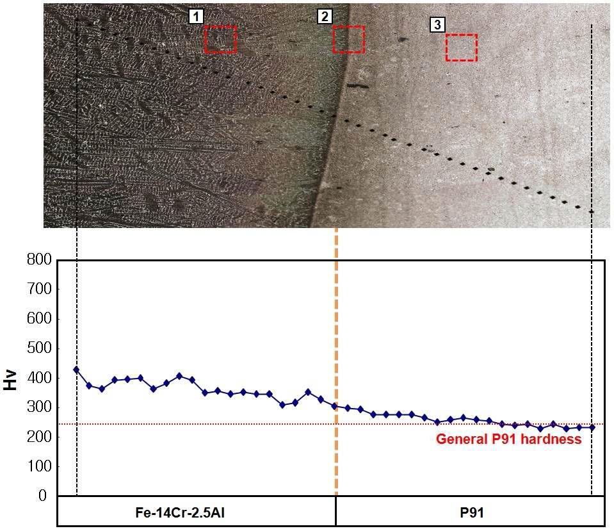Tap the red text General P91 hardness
508,439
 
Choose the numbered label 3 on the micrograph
437,25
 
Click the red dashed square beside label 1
220,40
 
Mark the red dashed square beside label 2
349,40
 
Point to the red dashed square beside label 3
461,47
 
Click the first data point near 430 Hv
76,370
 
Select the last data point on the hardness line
592,427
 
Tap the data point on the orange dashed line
334,405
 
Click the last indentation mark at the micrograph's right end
591,211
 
